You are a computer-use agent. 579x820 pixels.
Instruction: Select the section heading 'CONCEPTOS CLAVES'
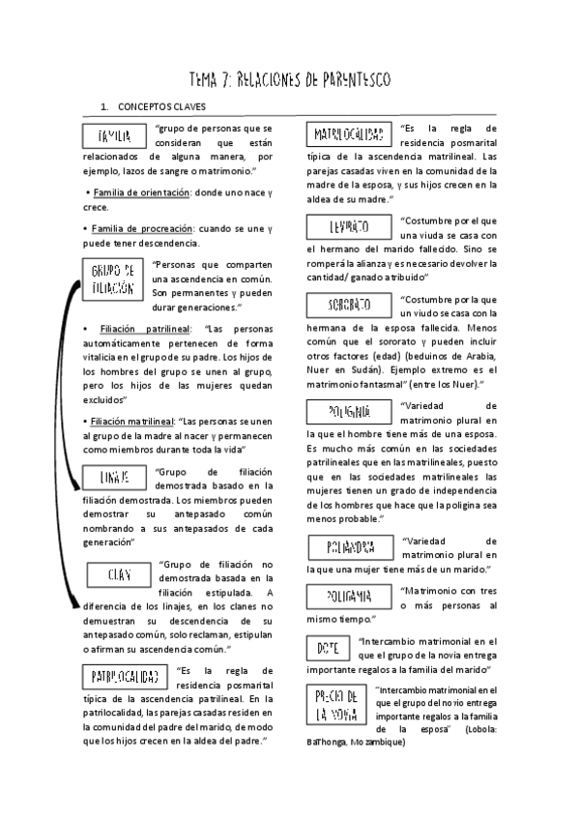(x=161, y=106)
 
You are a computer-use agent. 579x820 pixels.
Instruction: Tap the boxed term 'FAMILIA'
(x=115, y=136)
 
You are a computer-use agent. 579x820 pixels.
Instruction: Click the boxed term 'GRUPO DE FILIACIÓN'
(x=113, y=278)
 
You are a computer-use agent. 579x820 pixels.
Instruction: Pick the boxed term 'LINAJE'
(x=113, y=477)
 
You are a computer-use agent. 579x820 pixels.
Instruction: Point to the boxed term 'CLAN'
(x=119, y=574)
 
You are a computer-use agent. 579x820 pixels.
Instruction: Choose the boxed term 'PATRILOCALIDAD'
(x=125, y=673)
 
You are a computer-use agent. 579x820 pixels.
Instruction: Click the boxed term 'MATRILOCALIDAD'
(x=348, y=134)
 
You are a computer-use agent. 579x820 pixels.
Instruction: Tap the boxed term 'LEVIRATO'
(x=349, y=227)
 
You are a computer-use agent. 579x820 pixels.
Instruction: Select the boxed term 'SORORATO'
(x=349, y=305)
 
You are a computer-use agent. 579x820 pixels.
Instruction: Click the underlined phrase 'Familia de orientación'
(x=140, y=193)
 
